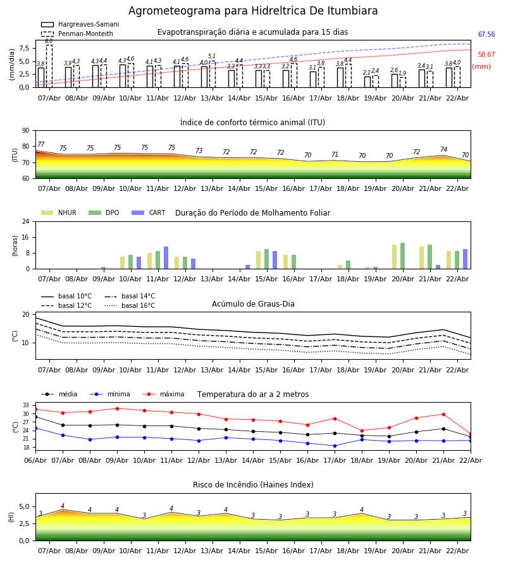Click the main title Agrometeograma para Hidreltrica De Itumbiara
tap(253, 11)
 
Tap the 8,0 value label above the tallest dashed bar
tap(49, 41)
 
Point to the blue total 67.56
tap(486, 35)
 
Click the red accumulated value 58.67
tap(486, 55)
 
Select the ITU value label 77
tap(41, 145)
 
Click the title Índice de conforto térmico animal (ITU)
tap(253, 123)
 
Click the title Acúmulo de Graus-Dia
tap(253, 304)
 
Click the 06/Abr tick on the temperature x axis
tap(35, 460)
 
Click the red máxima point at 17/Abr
tap(335, 419)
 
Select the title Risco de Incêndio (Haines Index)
tap(253, 485)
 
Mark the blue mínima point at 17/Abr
tap(335, 446)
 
